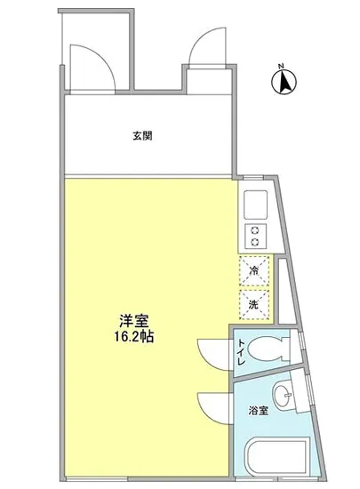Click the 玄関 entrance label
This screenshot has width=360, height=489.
tap(142, 136)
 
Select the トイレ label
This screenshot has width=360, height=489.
tap(240, 355)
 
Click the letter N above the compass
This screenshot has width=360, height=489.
tap(280, 65)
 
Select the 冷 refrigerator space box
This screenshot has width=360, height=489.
tap(254, 271)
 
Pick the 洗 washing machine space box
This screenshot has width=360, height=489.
tap(254, 302)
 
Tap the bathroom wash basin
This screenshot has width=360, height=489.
tap(284, 397)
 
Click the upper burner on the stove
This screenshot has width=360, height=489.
tap(254, 231)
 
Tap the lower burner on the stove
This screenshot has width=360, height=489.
tap(254, 244)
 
